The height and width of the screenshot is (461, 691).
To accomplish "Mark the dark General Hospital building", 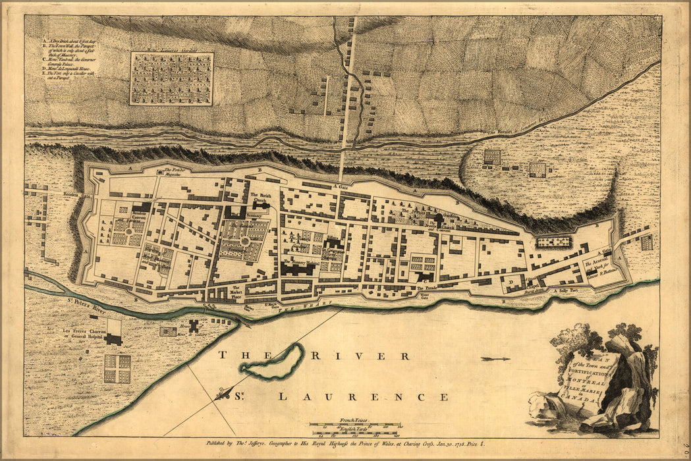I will tap(114, 339).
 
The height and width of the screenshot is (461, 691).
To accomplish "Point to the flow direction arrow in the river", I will tap(495, 359).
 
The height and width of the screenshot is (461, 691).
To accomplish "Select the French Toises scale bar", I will tap(355, 423).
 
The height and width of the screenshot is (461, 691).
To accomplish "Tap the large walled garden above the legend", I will tap(172, 79).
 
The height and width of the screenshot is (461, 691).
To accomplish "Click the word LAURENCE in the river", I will tap(362, 397).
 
